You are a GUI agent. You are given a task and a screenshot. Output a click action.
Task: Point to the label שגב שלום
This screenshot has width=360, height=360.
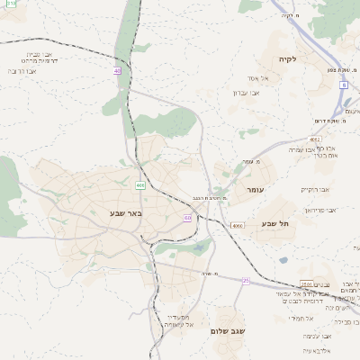pos(228,331)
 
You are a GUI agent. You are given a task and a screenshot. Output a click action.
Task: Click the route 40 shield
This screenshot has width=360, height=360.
pos(117,70)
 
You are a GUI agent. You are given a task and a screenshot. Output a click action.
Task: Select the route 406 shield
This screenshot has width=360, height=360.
pos(140,184)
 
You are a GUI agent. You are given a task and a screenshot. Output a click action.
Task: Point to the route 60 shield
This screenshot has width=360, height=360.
pos(187,218)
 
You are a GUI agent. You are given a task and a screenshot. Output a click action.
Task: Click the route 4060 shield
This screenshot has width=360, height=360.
pos(237,225)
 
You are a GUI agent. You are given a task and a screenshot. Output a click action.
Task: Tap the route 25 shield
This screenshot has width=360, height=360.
pos(246,280)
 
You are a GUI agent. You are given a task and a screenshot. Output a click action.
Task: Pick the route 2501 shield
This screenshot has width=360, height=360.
pos(307,285)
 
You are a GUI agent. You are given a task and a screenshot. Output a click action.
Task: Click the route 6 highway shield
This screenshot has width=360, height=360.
pos(343,85)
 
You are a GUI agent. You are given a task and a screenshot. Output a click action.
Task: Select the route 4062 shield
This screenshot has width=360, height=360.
pos(314,139)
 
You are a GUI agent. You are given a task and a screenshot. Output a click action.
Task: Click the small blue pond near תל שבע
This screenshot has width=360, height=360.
pos(283,260)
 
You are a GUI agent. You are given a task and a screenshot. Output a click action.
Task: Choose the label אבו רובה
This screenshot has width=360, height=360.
pos(22,70)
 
